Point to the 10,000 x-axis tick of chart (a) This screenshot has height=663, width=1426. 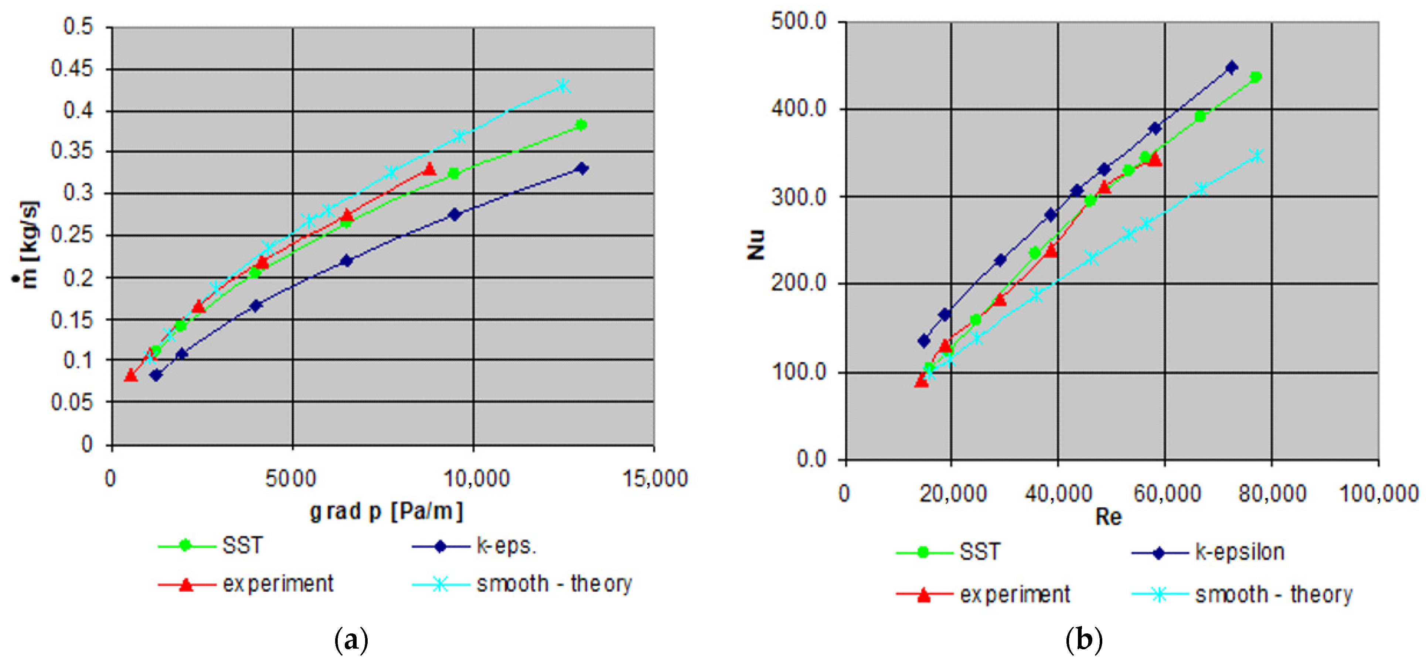tap(477, 478)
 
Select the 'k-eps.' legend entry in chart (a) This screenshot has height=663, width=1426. tap(506, 546)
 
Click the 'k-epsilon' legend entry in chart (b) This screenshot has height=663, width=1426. tap(1239, 552)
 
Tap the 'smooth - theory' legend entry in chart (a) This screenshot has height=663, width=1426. tap(554, 584)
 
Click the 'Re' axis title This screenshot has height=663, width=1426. tap(1108, 517)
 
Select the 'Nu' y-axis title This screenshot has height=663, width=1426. tap(756, 244)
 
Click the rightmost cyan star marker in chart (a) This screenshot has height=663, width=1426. tap(563, 86)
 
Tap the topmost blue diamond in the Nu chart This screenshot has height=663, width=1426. tap(1232, 68)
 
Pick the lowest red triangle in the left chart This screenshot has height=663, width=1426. tap(131, 376)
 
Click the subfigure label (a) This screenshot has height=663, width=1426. tap(351, 640)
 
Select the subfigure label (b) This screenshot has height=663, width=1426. tap(1083, 640)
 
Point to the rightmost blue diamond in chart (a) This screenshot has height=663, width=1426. tap(581, 168)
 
